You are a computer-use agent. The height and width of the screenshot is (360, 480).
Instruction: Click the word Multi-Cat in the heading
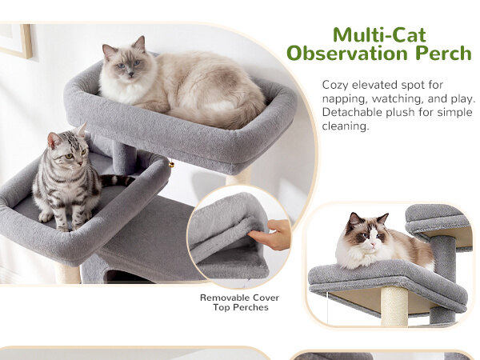[x=379, y=35]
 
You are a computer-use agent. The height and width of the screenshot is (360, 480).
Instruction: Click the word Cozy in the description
[x=335, y=85]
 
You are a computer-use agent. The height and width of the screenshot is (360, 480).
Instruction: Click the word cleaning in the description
[x=346, y=126]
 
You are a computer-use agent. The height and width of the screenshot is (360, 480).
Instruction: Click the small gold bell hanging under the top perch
[x=171, y=165]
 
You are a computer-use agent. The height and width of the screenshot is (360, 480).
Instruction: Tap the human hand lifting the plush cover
[x=273, y=234]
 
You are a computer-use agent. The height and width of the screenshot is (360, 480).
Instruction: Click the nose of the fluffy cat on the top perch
[x=130, y=74]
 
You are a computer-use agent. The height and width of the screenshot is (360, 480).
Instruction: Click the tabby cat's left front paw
[x=45, y=217]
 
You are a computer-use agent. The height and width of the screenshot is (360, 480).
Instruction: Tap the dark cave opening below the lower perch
[x=122, y=277]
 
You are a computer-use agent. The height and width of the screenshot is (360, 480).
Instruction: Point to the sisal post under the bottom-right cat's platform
[x=394, y=306]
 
